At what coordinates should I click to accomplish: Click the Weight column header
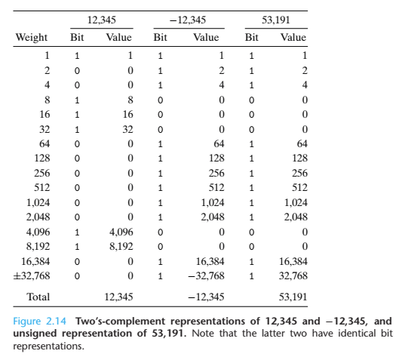point(31,38)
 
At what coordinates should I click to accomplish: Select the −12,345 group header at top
point(188,20)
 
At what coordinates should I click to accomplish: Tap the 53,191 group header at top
point(276,20)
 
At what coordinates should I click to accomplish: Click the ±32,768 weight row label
point(31,276)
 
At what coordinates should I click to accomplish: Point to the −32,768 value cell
point(206,276)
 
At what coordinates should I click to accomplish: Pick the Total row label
point(38,297)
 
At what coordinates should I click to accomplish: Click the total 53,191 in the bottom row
point(293,297)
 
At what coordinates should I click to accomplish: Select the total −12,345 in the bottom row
point(206,297)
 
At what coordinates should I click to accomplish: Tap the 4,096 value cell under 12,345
point(121,232)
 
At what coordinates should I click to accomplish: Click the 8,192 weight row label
point(38,247)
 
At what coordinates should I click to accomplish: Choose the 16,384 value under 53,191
point(293,262)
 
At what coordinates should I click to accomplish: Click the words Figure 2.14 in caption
point(39,322)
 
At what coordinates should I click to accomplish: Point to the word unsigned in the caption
point(35,334)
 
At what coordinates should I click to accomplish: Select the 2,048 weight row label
point(38,217)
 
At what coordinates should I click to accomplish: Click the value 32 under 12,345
point(128,129)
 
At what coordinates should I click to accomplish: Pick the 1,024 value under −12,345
point(213,202)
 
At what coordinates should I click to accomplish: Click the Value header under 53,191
point(293,38)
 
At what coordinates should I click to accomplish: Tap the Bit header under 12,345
point(77,38)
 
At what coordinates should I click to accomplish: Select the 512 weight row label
point(41,188)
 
